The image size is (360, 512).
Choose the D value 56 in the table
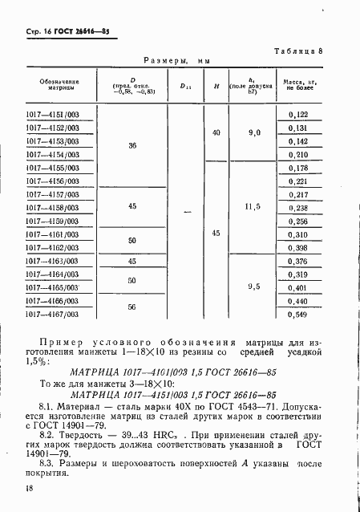click(x=132, y=307)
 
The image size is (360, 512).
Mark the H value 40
click(x=215, y=132)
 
